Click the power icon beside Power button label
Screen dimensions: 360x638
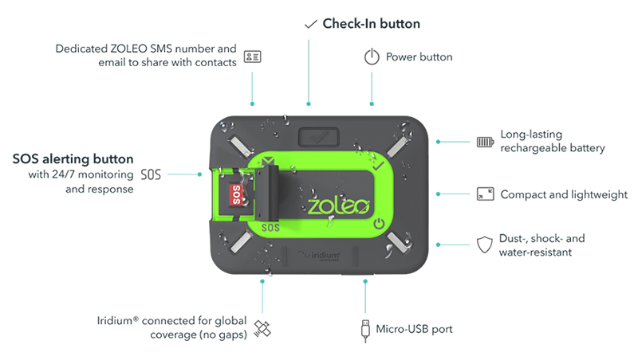pos(371,57)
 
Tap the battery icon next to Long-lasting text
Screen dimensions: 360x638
pos(485,142)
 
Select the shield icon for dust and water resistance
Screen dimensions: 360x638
pos(483,245)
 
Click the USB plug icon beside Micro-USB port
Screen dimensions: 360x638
pos(365,328)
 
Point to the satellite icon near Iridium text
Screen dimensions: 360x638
pos(262,328)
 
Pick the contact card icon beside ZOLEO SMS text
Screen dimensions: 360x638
pos(252,57)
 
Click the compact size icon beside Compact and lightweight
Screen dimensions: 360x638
pos(485,194)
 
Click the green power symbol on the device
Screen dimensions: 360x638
pos(380,224)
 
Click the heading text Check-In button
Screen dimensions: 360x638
pos(371,24)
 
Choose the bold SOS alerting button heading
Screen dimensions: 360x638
pos(73,158)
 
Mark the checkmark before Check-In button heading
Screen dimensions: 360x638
pos(311,24)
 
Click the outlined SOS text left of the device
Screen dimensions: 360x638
pos(151,173)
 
